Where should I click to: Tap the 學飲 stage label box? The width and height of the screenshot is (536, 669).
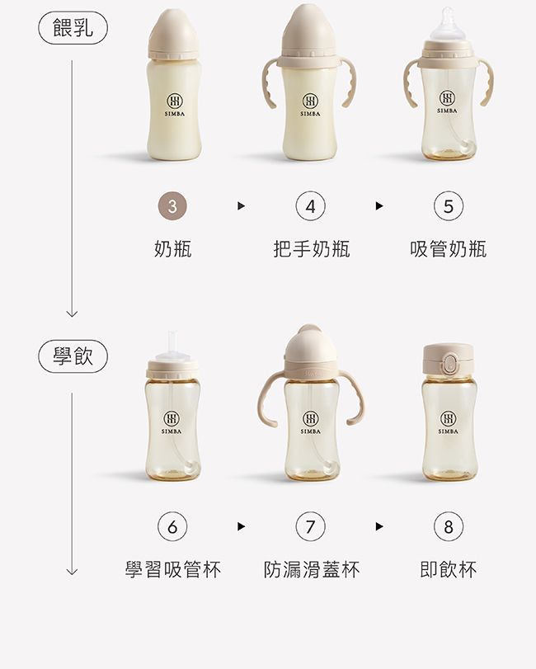click(x=73, y=357)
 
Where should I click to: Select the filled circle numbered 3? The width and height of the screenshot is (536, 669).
click(x=172, y=207)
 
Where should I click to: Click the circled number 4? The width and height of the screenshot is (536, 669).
click(x=311, y=207)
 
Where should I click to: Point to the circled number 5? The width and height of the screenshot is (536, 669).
click(x=449, y=207)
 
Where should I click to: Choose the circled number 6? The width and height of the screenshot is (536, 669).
click(x=172, y=526)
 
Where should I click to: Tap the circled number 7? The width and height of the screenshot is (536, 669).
click(x=311, y=526)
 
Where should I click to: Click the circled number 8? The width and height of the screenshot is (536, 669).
click(x=449, y=526)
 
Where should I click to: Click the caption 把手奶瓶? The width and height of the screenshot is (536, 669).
click(x=311, y=248)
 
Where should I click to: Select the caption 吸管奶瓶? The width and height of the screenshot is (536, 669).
click(x=449, y=248)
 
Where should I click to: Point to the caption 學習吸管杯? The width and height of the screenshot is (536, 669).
click(x=172, y=569)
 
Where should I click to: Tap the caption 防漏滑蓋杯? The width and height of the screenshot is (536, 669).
click(x=311, y=569)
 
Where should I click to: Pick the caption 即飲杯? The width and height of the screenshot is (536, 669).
click(x=449, y=569)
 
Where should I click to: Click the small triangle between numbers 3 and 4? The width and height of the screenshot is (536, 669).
click(x=241, y=207)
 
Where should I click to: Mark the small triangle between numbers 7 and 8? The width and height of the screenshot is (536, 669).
click(x=379, y=526)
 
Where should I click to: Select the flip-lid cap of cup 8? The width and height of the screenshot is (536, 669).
click(x=448, y=360)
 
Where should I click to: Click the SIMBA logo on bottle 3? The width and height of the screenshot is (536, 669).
click(x=173, y=103)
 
